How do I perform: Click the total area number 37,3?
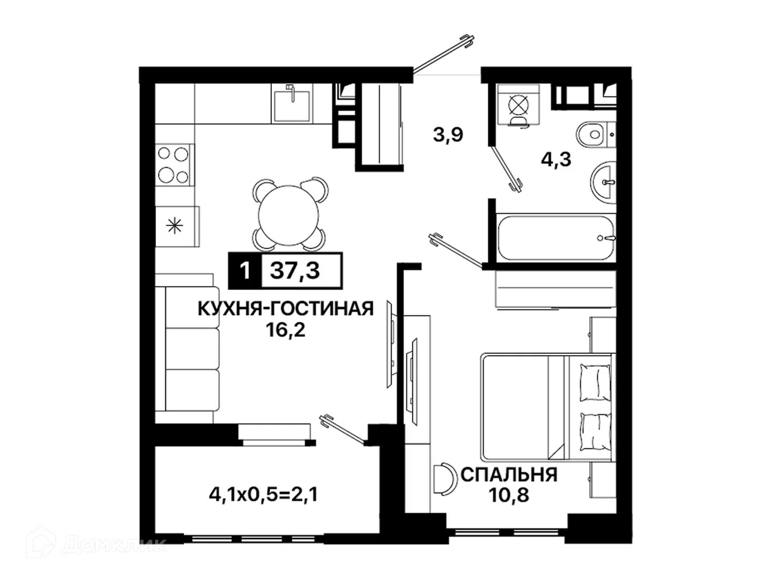[x=295, y=271]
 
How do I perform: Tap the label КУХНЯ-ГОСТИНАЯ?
[x=286, y=309]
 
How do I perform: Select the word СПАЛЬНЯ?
[x=509, y=475]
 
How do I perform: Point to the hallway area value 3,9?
[x=448, y=135]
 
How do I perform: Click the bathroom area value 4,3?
[x=556, y=160]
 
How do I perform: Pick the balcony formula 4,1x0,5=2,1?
[x=263, y=495]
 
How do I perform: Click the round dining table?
[x=288, y=215]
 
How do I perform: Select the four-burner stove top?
[x=174, y=165]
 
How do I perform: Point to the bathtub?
[x=556, y=237]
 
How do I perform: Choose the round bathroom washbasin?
[x=603, y=182]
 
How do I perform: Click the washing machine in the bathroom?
[x=519, y=105]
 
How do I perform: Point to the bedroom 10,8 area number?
[x=508, y=495]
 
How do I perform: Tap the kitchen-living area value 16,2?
[x=286, y=330]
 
